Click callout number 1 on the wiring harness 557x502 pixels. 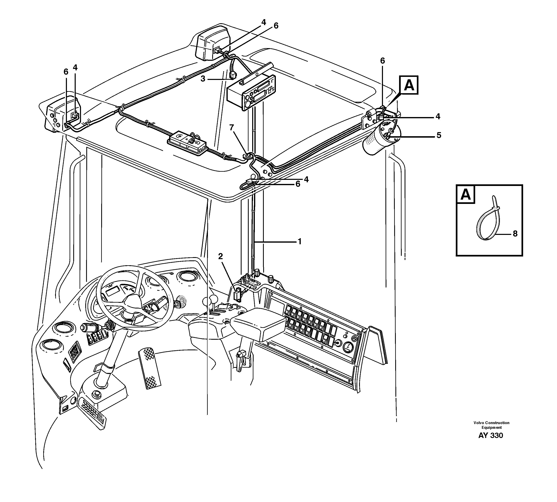[300, 242]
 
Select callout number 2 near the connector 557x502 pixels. [220, 256]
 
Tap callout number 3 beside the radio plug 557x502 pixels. [203, 79]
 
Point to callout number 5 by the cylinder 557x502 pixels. [439, 135]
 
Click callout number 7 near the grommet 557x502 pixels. [231, 127]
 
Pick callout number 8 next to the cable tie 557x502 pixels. [515, 234]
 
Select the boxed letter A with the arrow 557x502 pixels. [409, 85]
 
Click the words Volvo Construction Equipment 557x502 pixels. [491, 425]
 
